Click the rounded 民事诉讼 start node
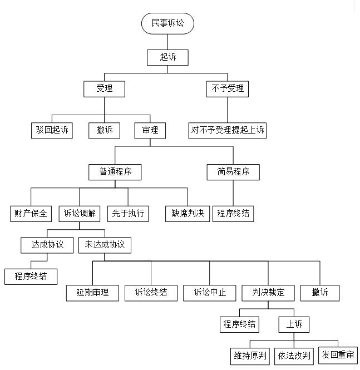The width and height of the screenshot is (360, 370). click(x=167, y=23)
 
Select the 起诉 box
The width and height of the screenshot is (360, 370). click(x=167, y=57)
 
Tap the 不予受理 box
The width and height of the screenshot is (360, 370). click(x=228, y=88)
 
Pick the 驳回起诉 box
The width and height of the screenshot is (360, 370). click(x=52, y=130)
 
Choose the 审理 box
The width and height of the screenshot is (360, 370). click(x=150, y=130)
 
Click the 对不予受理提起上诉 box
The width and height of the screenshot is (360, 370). click(x=228, y=130)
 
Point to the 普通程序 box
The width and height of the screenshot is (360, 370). click(x=115, y=172)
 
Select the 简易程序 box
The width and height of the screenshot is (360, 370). click(x=233, y=172)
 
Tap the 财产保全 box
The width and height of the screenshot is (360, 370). click(x=31, y=214)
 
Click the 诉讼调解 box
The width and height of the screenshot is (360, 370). click(x=80, y=214)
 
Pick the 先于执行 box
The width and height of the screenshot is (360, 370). click(x=128, y=214)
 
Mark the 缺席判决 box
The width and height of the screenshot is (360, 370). click(x=188, y=214)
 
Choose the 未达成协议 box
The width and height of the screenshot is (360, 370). click(x=105, y=245)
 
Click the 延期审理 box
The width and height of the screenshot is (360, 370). click(x=92, y=293)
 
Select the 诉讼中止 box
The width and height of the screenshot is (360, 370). click(x=209, y=293)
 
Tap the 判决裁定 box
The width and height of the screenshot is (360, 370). click(x=268, y=293)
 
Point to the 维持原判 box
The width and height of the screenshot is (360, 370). click(x=250, y=356)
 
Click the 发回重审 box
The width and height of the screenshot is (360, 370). click(x=338, y=355)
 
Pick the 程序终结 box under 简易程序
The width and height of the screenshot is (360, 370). click(x=233, y=214)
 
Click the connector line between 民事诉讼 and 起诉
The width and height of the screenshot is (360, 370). click(x=167, y=42)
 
